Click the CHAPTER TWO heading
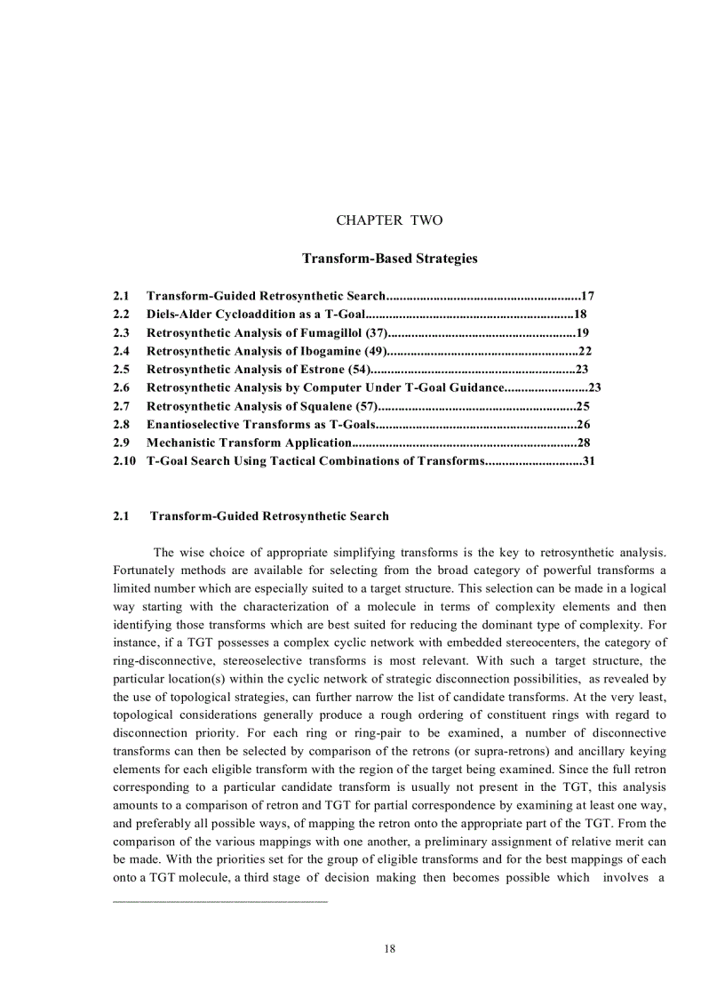389,220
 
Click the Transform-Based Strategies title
389,259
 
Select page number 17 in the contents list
587,295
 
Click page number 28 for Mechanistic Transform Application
585,443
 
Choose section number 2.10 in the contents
124,461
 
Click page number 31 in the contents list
588,461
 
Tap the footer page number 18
389,948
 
